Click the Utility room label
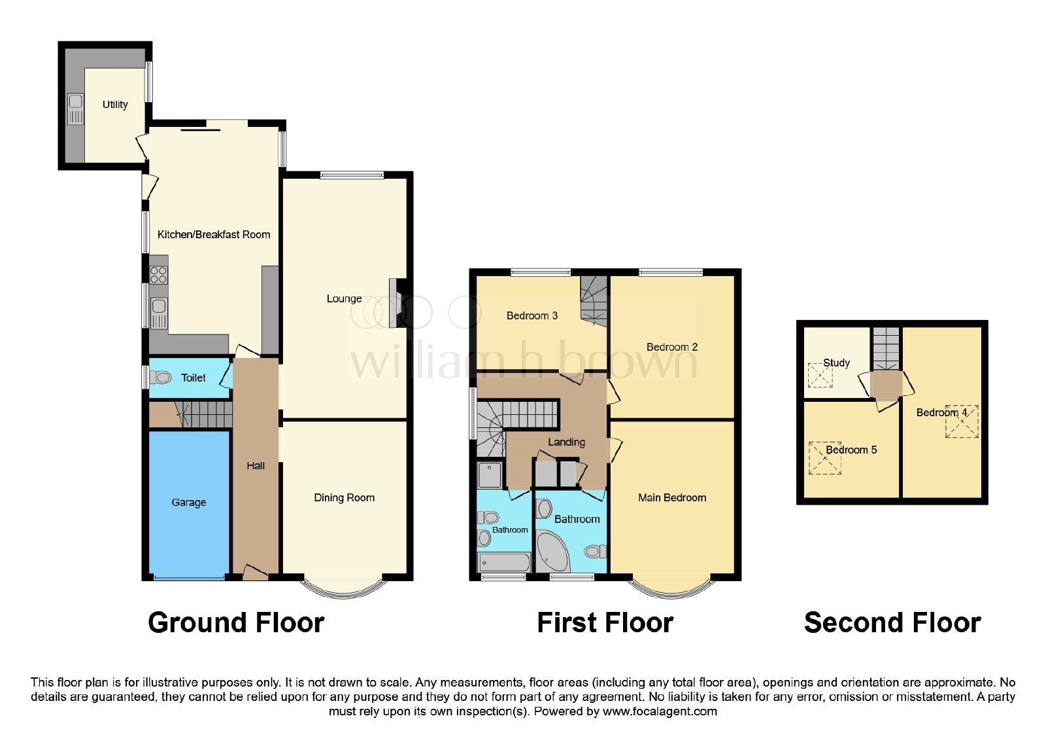pos(115,105)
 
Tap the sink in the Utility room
pos(76,109)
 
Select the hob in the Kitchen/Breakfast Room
pos(159,275)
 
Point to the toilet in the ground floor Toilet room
pos(161,377)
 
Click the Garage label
pos(189,502)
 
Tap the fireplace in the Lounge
pos(396,303)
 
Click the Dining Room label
pos(344,497)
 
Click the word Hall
pos(256,465)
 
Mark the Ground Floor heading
pos(236,622)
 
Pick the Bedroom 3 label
pos(532,315)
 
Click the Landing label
pos(566,442)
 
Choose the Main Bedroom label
pos(672,497)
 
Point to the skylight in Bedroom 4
pos(962,421)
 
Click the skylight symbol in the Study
pos(820,375)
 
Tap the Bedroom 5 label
pos(851,450)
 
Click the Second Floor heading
pos(892,622)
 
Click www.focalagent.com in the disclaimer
pos(660,711)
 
